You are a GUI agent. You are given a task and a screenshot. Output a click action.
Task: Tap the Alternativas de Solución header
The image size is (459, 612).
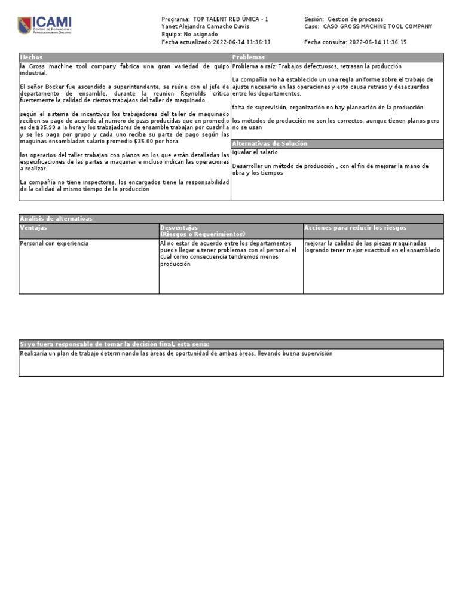click(270, 144)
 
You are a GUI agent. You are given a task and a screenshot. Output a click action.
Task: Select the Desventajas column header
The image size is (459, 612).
click(179, 228)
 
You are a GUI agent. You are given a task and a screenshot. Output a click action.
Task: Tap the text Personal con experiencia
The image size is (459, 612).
click(54, 244)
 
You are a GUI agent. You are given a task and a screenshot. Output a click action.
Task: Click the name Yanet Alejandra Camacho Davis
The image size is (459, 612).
click(205, 27)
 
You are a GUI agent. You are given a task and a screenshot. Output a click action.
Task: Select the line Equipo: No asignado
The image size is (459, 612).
click(189, 35)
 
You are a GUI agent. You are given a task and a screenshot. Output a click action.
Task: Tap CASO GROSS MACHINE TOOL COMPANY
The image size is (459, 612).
click(377, 27)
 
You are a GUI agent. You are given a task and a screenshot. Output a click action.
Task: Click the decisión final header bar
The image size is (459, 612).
click(115, 344)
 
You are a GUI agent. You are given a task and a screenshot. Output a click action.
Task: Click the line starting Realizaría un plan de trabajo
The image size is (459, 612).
click(176, 354)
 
